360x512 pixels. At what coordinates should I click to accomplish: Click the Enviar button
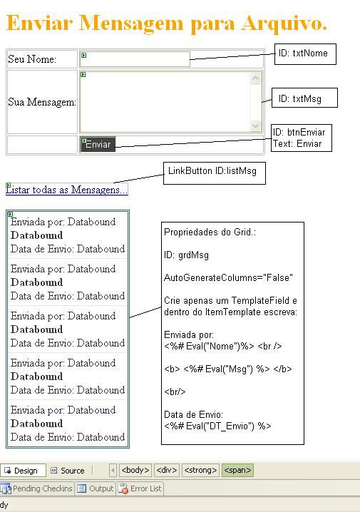pos(98,144)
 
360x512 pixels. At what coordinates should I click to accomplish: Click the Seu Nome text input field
pos(135,59)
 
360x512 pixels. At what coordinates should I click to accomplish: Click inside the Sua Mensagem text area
pos(165,102)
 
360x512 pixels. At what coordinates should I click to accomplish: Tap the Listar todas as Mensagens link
pos(67,190)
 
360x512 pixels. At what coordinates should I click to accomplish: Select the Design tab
pos(23,471)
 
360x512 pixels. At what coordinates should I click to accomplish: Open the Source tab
pos(68,471)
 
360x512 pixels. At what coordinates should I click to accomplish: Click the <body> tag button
pos(135,470)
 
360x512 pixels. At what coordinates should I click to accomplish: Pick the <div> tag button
pos(166,470)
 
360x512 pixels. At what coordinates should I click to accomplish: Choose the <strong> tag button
pos(200,470)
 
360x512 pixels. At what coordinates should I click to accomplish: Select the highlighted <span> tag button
pos(237,470)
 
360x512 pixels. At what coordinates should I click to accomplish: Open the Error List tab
pos(140,488)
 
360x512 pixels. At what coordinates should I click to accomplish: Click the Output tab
pos(96,488)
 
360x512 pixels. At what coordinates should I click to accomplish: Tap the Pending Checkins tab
pos(37,488)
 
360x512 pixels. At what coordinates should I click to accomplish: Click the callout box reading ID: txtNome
pos(305,54)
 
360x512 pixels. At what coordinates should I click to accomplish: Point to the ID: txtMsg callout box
pos(304,98)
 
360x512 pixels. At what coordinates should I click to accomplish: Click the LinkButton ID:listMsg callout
pos(215,173)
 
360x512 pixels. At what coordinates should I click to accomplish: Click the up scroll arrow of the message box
pos(255,78)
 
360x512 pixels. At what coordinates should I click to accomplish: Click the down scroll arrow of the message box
pos(255,126)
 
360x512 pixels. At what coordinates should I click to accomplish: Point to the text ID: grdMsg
pos(186,255)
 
